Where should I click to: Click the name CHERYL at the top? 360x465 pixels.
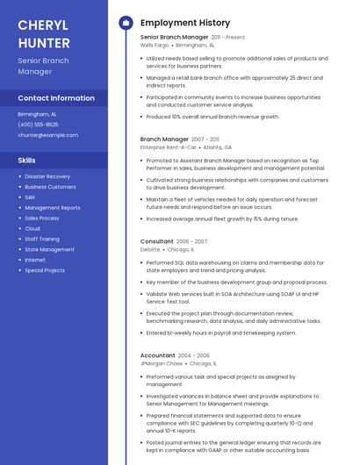44,23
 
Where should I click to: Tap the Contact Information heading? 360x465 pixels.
56,98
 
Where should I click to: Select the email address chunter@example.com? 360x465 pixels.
47,135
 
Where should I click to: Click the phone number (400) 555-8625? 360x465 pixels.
39,125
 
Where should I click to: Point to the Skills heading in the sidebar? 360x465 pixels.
27,161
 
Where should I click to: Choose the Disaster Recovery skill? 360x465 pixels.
47,176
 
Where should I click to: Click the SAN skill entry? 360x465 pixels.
31,197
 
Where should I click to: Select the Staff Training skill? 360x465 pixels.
42,239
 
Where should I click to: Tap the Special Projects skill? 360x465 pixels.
45,270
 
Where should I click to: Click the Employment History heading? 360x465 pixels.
185,23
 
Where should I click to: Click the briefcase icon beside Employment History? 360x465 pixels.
126,23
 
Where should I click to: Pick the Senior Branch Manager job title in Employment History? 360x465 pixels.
174,38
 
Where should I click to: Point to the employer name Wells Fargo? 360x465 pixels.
155,45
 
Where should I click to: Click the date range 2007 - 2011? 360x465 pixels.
205,139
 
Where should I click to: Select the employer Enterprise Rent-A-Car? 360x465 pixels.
168,147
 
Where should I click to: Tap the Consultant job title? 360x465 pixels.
156,241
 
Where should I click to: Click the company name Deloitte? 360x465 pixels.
150,249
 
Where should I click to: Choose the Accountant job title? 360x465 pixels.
158,355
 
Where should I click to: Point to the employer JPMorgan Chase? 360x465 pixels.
162,363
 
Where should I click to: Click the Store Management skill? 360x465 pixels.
49,249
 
